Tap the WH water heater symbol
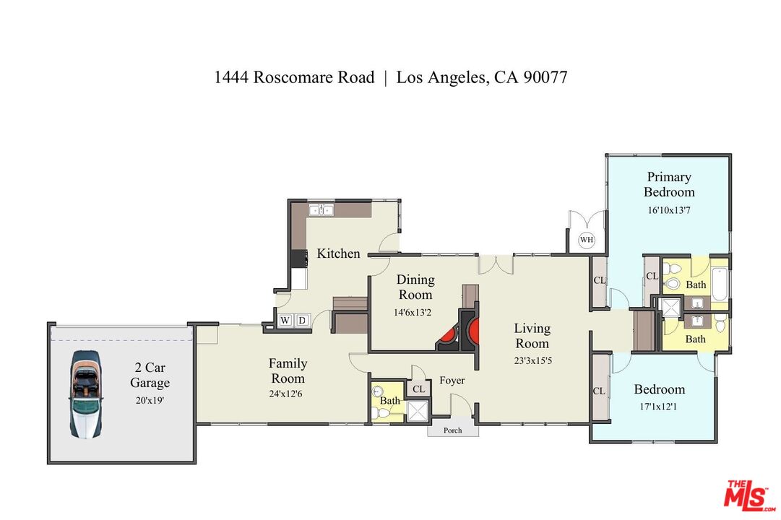[x=586, y=239]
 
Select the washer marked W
[x=285, y=320]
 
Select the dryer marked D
[x=302, y=320]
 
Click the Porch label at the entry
[x=453, y=430]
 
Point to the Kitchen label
[x=338, y=253]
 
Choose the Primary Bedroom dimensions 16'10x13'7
[x=669, y=210]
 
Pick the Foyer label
[x=452, y=381]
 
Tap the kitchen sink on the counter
[x=320, y=210]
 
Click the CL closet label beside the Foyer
[x=418, y=389]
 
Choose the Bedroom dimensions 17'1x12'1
[x=659, y=407]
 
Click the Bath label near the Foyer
[x=390, y=401]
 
